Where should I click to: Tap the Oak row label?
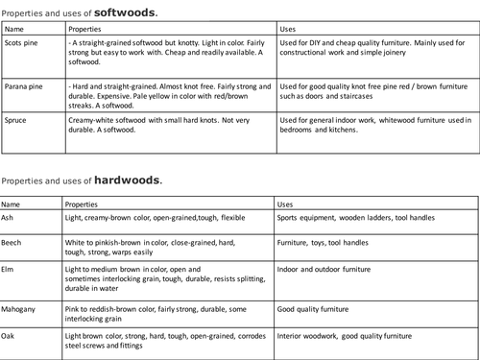(x=10, y=336)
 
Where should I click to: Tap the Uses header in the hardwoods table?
(x=285, y=204)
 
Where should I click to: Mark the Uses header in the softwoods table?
(x=287, y=30)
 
